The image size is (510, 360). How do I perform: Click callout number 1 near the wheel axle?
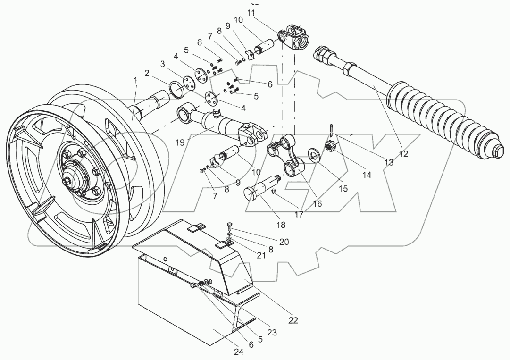click(x=135, y=81)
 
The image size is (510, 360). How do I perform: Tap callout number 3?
click(x=162, y=64)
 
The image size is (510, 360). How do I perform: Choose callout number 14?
click(x=367, y=175)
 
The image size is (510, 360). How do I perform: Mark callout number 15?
click(x=343, y=188)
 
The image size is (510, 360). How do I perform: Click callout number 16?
click(x=317, y=203)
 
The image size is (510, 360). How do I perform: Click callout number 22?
click(x=293, y=320)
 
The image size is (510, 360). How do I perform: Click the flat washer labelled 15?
click(x=313, y=154)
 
